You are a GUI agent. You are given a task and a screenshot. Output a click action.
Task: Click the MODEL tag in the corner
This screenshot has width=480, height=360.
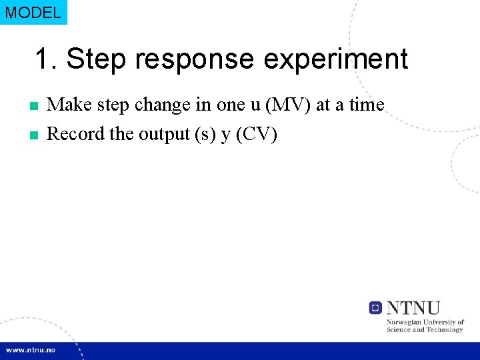[x=33, y=12]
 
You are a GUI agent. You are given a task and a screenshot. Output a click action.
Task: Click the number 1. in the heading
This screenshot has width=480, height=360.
[x=47, y=59]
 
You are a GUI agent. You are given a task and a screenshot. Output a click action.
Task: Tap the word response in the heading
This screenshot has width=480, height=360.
[x=193, y=59]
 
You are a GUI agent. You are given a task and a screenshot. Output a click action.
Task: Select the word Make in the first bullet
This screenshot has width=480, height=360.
[x=69, y=105]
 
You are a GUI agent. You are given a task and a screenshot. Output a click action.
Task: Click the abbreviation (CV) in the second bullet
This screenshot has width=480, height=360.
[x=257, y=134]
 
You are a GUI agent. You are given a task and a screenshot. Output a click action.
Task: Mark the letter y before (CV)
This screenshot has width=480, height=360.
[x=225, y=135]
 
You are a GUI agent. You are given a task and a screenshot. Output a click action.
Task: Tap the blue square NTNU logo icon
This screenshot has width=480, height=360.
[x=375, y=307]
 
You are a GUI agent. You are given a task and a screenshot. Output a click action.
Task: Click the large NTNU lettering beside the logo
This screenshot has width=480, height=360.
[x=414, y=307]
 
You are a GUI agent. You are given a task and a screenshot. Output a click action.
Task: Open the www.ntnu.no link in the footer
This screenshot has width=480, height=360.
[x=31, y=349]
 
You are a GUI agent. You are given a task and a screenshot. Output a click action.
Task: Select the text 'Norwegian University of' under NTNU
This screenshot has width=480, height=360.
[x=425, y=322]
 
